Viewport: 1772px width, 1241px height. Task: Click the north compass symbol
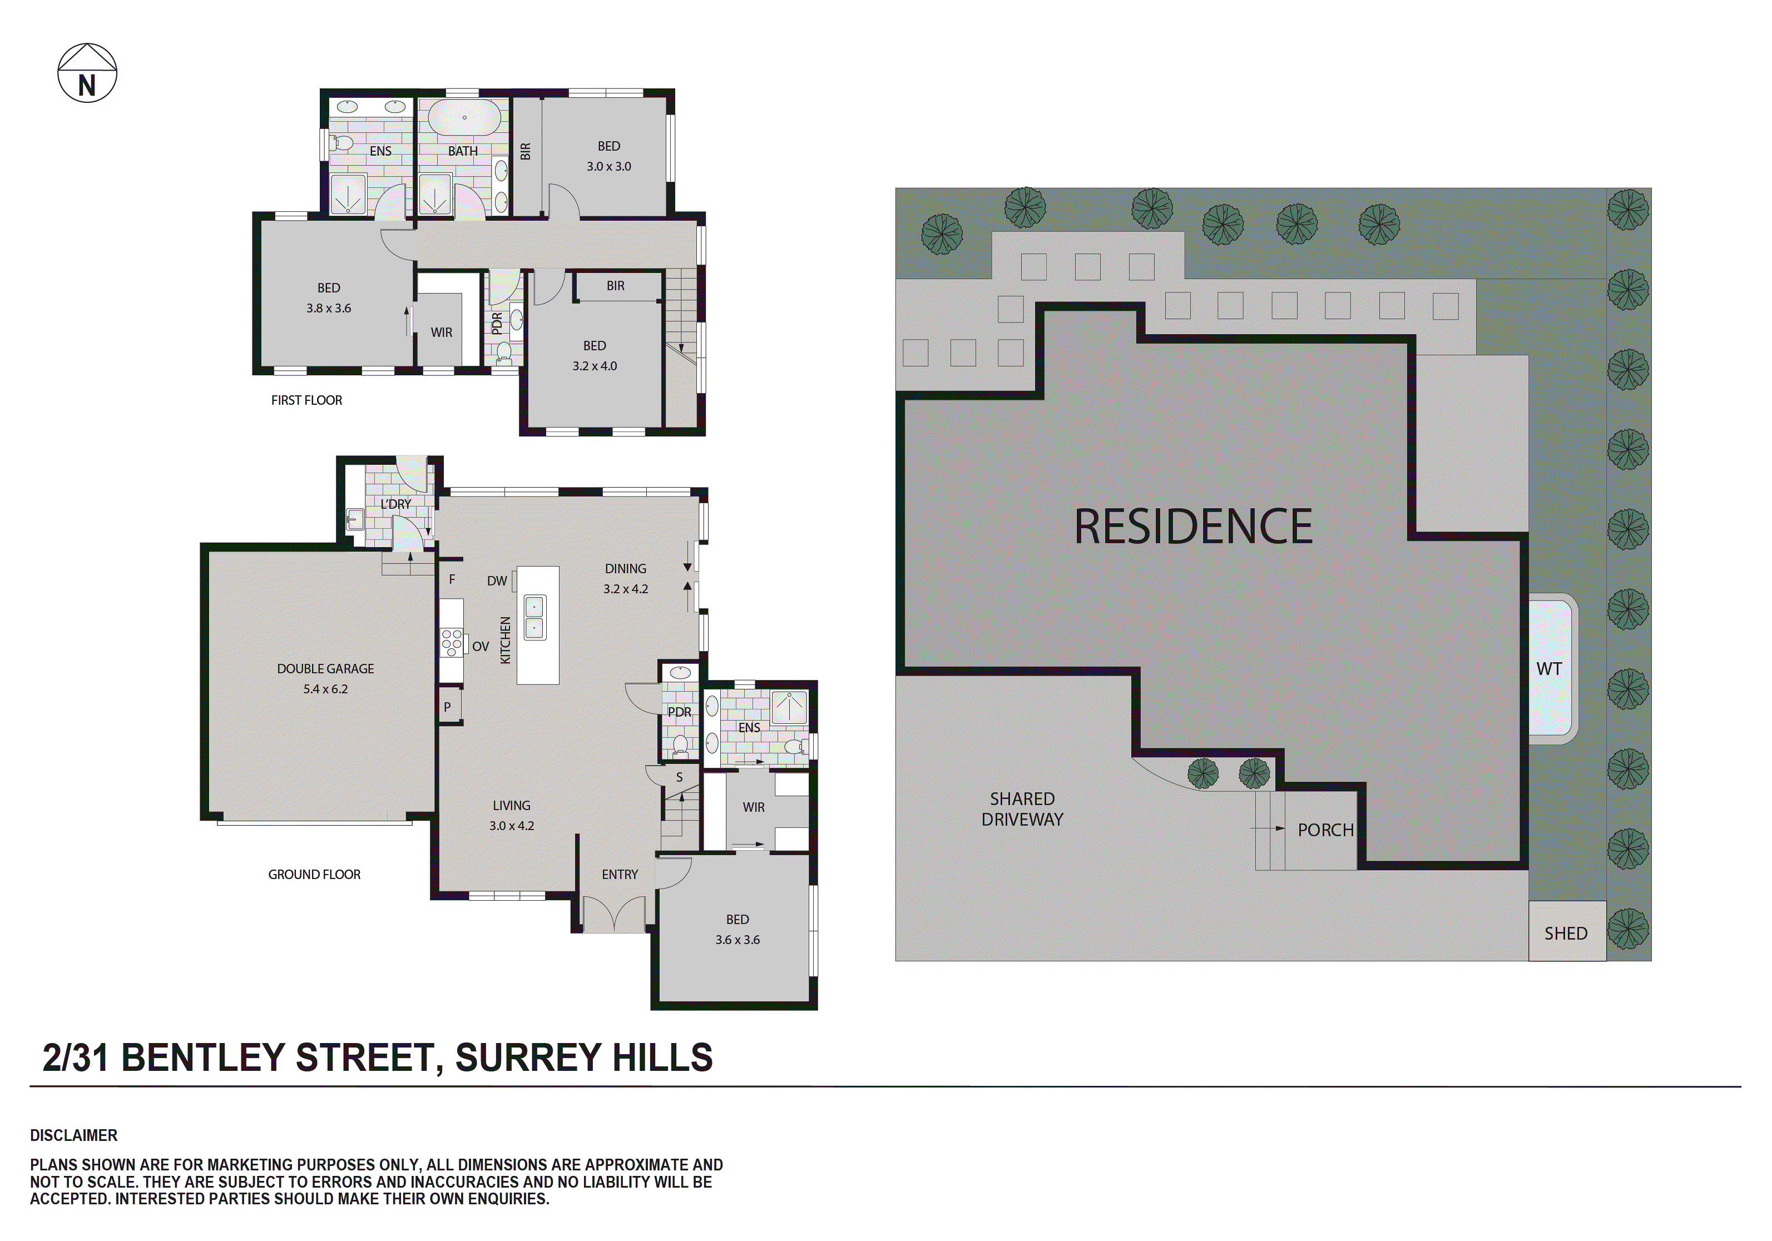(x=87, y=73)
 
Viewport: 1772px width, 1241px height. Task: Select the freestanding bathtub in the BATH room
(x=464, y=118)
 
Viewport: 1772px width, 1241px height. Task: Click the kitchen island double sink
(x=534, y=617)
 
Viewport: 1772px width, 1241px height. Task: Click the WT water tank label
(x=1548, y=669)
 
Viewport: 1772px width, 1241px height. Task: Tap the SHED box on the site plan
(x=1566, y=933)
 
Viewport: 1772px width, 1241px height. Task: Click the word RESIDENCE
(x=1192, y=527)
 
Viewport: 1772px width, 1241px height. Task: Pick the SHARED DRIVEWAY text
(x=1022, y=809)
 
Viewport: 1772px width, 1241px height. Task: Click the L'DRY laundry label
(x=396, y=504)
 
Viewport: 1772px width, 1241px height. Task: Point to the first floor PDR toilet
(x=503, y=353)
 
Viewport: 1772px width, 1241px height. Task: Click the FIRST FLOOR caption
(x=306, y=400)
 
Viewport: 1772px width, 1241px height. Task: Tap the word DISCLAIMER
(x=73, y=1135)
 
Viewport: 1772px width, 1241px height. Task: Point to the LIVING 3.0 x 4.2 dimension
(x=511, y=825)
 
